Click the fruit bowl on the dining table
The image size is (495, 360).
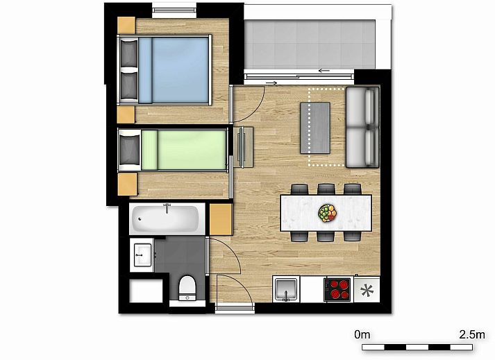[x=328, y=213]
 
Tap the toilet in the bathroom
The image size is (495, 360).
[x=187, y=288]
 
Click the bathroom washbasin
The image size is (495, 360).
[x=142, y=255]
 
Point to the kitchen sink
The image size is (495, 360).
[x=286, y=289]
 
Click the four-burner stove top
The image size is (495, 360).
[x=337, y=289]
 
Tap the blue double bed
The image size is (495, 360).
[x=164, y=70]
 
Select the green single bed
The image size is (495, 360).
[x=173, y=150]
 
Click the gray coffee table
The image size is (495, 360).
[x=315, y=128]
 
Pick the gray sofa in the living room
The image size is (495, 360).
[x=362, y=127]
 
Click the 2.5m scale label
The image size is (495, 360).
[x=471, y=334]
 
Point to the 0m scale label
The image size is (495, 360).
[x=362, y=334]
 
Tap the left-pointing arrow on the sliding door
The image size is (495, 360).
[x=324, y=70]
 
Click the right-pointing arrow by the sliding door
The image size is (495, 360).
[x=271, y=83]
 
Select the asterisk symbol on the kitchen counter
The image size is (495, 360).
[x=367, y=290]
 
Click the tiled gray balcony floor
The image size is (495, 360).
[x=310, y=44]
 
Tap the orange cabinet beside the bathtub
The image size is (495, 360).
[x=221, y=219]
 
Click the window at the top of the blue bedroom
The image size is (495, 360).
[x=174, y=10]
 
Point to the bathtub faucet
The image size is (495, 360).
[x=167, y=207]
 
